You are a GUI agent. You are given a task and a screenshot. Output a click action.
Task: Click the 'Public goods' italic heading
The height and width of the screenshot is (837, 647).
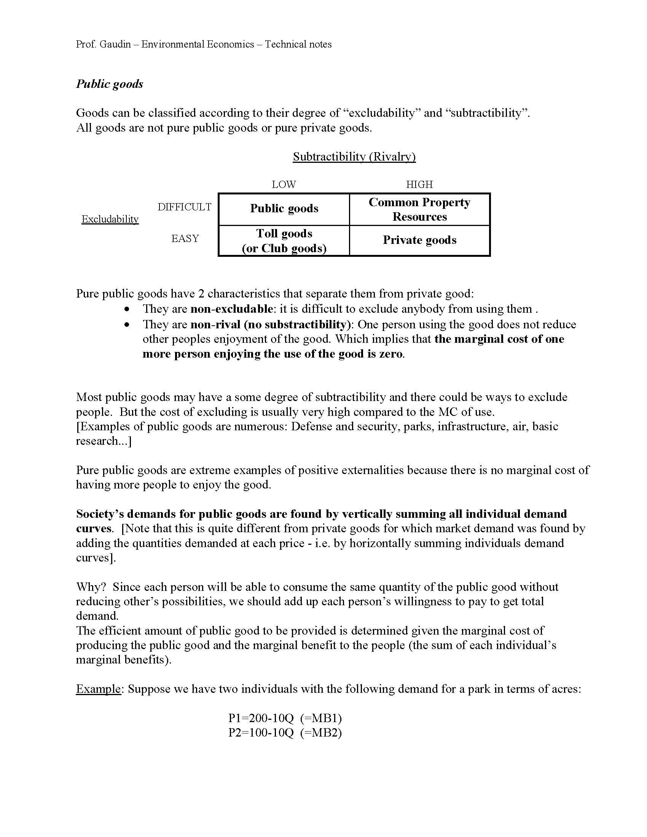[109, 84]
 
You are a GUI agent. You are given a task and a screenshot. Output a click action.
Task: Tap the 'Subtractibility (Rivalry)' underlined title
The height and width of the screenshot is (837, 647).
[354, 156]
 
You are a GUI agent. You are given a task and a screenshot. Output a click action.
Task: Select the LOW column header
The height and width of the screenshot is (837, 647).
[284, 185]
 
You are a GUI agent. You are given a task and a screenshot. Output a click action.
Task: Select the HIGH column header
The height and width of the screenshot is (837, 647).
[419, 185]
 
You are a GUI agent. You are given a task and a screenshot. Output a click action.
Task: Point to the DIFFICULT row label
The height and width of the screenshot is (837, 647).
[184, 207]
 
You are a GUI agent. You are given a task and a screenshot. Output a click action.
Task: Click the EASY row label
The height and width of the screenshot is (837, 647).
[185, 239]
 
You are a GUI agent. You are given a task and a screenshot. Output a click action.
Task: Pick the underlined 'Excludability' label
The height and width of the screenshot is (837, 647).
[110, 219]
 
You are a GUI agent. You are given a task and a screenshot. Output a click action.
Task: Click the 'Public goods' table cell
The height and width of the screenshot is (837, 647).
[284, 209]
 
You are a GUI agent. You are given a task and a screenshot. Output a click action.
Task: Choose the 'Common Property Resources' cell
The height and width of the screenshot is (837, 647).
[419, 209]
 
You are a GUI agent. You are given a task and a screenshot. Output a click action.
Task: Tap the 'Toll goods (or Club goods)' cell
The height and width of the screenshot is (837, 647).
[284, 241]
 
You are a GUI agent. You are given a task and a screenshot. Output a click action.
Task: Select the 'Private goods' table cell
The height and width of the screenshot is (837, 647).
[419, 240]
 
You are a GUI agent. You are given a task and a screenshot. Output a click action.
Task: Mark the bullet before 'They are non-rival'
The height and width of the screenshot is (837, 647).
[127, 325]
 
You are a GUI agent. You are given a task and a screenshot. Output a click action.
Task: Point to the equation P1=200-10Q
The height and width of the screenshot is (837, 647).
[261, 718]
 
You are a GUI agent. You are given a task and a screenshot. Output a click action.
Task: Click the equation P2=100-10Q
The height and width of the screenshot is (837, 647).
[261, 733]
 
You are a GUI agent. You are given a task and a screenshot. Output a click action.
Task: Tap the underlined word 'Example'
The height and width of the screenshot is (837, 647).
[98, 689]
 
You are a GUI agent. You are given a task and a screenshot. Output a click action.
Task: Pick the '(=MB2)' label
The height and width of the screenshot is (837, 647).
[321, 733]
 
